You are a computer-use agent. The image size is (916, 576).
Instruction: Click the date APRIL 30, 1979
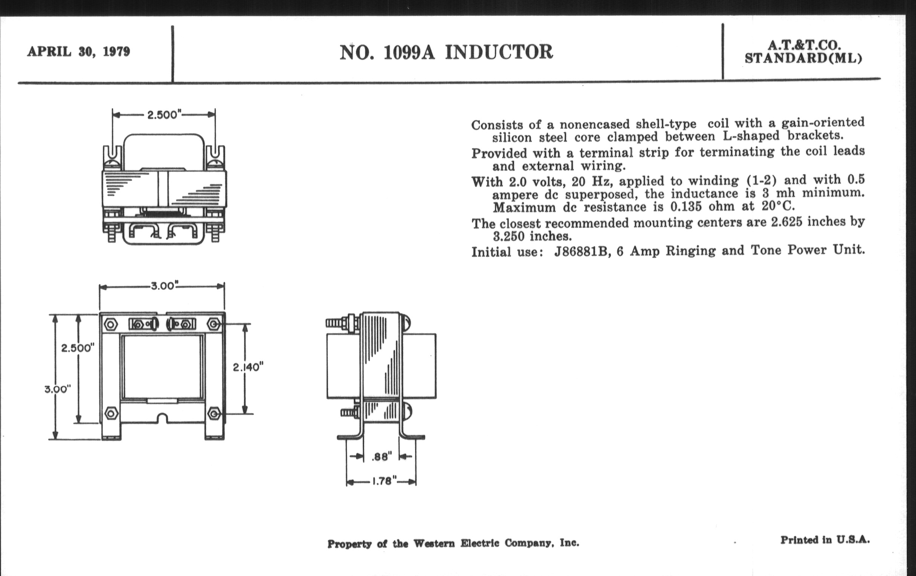coord(78,51)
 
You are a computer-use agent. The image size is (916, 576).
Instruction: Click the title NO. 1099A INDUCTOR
coord(446,52)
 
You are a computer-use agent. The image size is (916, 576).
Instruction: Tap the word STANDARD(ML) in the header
coord(803,58)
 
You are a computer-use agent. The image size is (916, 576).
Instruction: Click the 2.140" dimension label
coord(248,367)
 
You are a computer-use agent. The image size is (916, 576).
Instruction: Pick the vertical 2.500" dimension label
coord(78,347)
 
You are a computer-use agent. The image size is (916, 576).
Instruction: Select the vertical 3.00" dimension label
coord(58,389)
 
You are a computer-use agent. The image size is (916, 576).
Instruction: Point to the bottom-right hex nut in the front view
coord(214,413)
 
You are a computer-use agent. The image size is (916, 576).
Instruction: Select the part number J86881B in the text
coord(582,252)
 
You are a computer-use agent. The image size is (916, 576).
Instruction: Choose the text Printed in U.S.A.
coord(825,540)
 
